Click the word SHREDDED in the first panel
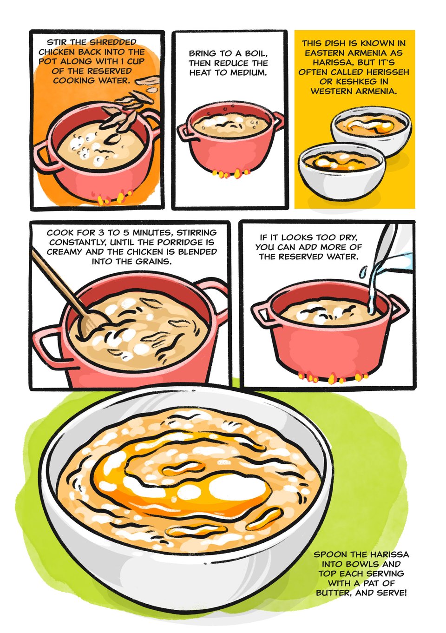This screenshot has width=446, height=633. [113, 42]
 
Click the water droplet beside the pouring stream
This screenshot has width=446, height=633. [363, 272]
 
